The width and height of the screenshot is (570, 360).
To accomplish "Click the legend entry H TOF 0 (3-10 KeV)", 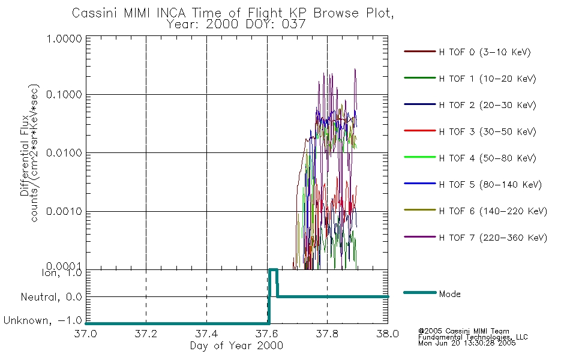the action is coord(485,52).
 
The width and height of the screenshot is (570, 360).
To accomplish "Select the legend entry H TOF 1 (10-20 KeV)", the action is coord(487,79).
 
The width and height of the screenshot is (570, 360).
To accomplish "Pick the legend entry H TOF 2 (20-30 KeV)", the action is coord(487,105).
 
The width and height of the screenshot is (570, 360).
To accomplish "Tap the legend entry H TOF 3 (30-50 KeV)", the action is coord(487,131).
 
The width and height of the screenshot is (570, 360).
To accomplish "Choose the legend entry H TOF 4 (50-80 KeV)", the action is coord(487,158).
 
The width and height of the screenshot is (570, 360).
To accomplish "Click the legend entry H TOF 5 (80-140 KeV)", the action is coord(490,185).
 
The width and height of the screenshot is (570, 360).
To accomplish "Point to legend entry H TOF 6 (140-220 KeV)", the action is coord(493,211).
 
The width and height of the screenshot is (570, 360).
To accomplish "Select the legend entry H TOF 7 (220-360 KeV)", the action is coord(493,238).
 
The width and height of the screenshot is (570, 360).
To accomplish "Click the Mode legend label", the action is coord(449,294).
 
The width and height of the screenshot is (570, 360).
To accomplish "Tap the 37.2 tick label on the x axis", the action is coord(146,334).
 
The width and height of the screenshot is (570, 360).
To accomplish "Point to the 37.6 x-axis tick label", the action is coord(267,334).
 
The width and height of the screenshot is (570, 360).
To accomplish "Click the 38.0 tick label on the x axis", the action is coord(388,334).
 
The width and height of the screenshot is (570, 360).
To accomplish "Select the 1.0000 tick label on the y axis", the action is coord(64,38).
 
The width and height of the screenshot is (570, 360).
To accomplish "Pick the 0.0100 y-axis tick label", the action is coord(64,153).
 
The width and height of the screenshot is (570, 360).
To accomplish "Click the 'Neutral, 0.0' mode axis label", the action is coord(51,298).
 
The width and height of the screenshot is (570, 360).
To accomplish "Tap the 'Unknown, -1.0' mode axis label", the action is coord(43,321).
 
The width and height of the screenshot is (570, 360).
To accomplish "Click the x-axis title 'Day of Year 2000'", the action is coord(236,346).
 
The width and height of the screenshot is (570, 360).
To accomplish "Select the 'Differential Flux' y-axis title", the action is coord(25,155).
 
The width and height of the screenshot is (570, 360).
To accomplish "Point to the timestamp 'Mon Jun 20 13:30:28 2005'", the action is coord(467,343).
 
